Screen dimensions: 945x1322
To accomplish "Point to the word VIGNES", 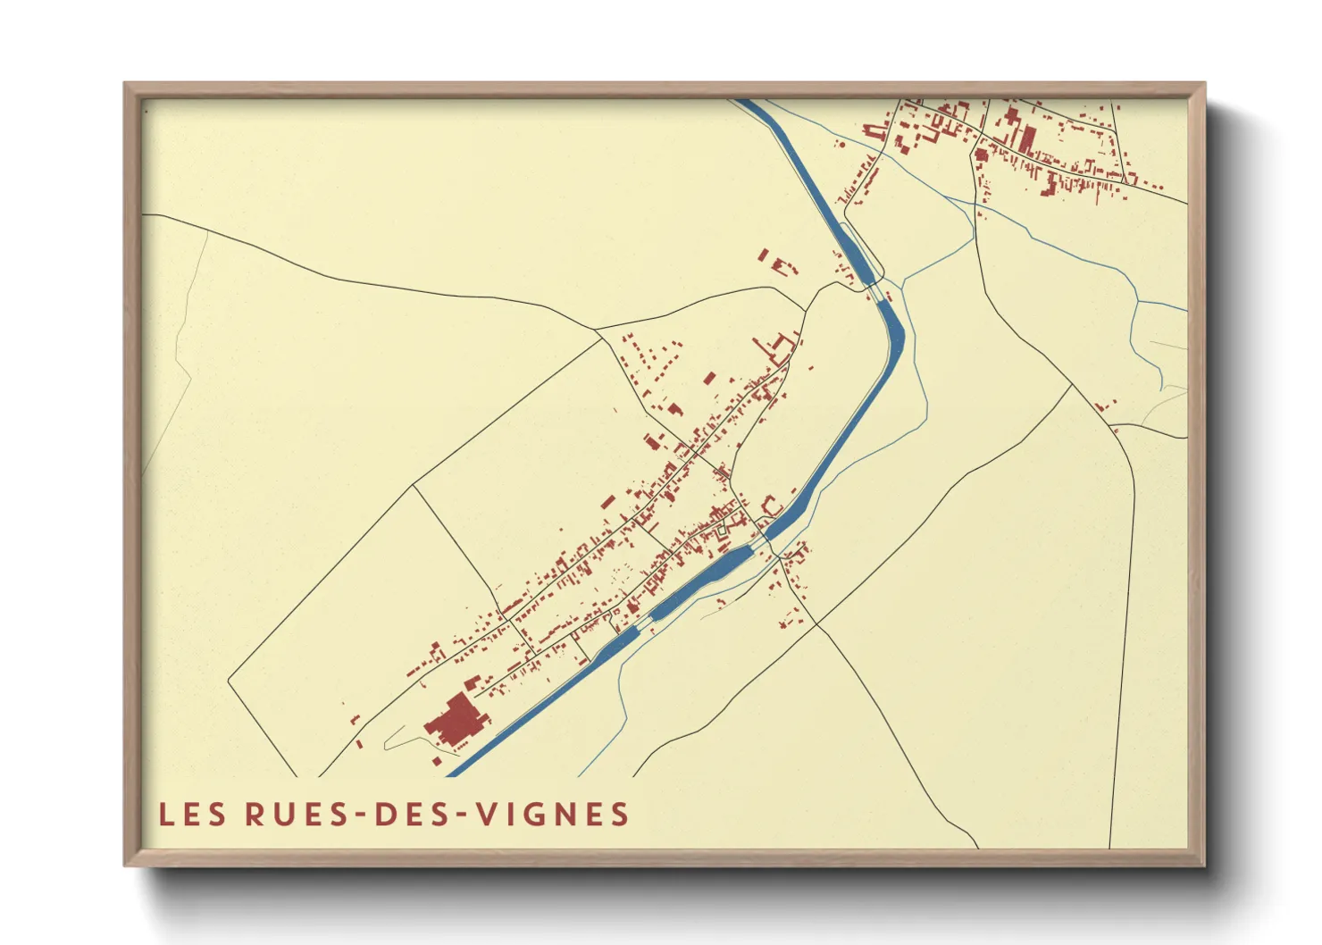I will pos(552,815).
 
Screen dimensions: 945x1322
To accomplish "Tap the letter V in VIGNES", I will pos(487,815).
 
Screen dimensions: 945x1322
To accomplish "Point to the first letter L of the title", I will pos(165,815).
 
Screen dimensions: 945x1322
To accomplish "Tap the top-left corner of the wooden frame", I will pos(126,85).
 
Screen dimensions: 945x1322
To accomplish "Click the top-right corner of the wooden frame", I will pos(1204,85).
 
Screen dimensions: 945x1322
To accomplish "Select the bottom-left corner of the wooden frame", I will pos(126,864).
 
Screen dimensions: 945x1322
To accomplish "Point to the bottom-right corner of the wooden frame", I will pos(1204,864).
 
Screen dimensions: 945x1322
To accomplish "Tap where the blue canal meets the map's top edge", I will pos(744,100).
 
